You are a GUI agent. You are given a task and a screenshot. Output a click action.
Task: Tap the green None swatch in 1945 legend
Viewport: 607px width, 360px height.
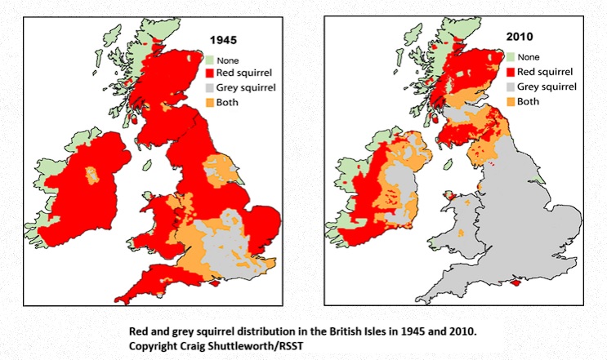[x=208, y=60]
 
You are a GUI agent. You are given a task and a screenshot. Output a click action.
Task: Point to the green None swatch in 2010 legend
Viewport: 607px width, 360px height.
[x=511, y=56]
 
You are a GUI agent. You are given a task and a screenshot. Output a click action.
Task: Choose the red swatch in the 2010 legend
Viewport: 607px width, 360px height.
[x=511, y=71]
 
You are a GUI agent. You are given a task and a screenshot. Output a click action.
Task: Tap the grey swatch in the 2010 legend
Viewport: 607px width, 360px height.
[x=511, y=86]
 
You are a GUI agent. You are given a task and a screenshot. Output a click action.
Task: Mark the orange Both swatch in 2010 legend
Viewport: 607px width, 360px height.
[x=511, y=101]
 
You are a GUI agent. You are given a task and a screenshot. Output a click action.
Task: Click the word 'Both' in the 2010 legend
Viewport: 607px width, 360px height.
[x=529, y=101]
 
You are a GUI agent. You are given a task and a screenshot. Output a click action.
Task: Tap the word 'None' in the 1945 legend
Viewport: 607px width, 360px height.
[x=230, y=60]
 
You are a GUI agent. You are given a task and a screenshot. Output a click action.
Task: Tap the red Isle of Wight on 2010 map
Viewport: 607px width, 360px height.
[x=514, y=285]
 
